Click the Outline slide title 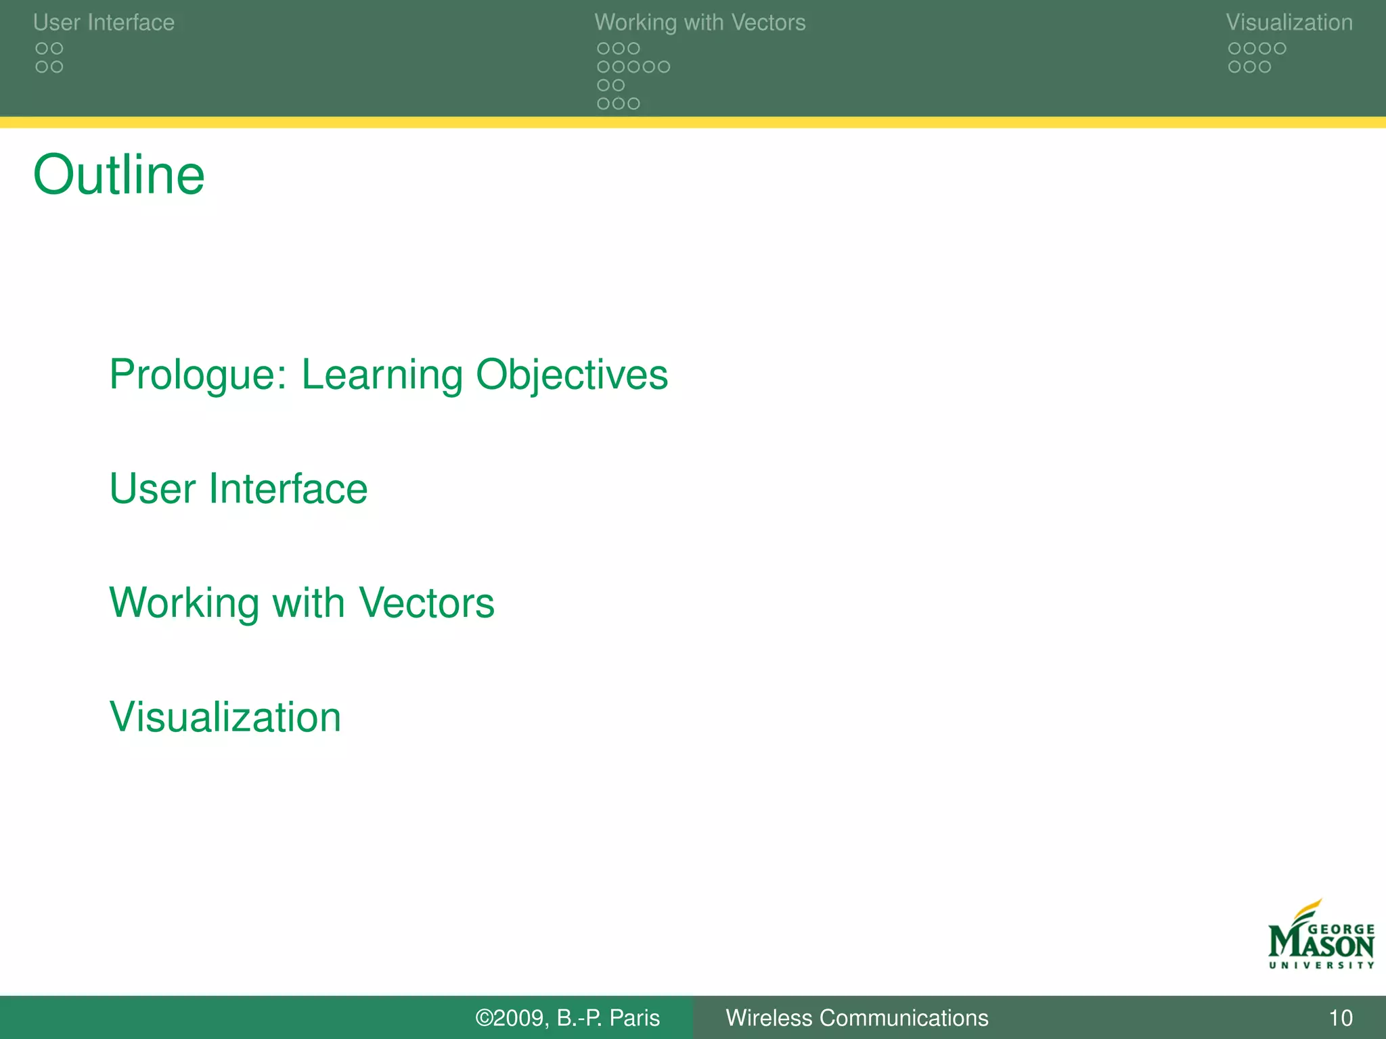[x=118, y=175]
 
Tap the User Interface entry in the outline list [x=238, y=488]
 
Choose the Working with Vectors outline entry [x=302, y=602]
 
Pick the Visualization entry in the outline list [x=225, y=716]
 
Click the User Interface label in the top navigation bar [x=104, y=22]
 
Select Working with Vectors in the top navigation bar [x=700, y=22]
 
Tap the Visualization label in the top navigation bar [x=1289, y=22]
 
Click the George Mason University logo [x=1321, y=937]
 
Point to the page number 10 [x=1340, y=1018]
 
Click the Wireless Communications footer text [x=857, y=1018]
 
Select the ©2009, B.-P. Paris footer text [x=567, y=1018]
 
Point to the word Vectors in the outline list [x=426, y=602]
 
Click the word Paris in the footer [x=634, y=1018]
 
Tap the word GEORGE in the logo [x=1341, y=929]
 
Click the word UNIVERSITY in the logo [x=1321, y=965]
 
